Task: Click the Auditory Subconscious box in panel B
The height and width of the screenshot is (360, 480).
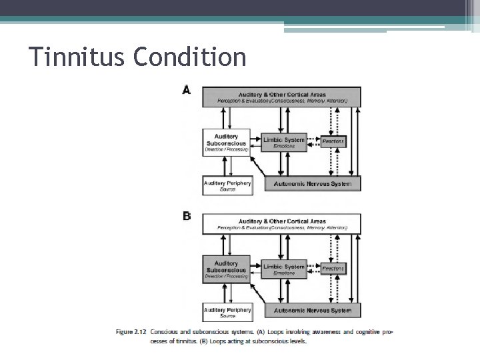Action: coord(227,269)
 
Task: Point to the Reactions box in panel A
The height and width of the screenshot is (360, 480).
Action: coord(333,141)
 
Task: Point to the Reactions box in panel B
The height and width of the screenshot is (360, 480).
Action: coord(333,268)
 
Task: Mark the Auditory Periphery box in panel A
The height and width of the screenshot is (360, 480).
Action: coord(227,185)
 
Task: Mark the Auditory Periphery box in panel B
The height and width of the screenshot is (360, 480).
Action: coord(227,312)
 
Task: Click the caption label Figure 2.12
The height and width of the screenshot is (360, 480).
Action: coord(131,331)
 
